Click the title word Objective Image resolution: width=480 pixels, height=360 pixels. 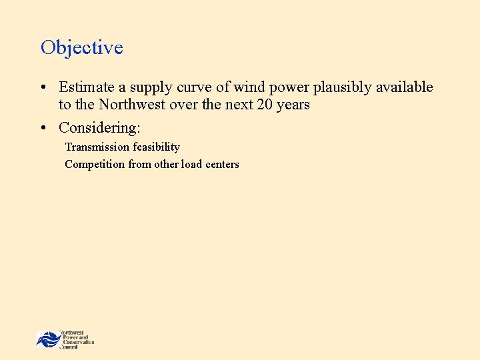click(82, 48)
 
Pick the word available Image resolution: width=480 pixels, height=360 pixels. click(403, 87)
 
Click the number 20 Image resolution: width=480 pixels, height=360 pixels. click(265, 105)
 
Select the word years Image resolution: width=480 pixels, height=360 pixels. click(293, 105)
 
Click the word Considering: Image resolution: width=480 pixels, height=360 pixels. click(99, 127)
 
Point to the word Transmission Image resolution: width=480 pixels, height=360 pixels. click(97, 147)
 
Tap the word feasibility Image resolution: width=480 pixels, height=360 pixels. click(156, 147)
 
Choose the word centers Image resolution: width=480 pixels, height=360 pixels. click(222, 164)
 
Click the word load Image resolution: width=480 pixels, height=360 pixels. click(191, 164)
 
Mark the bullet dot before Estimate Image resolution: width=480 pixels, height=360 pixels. click(43, 87)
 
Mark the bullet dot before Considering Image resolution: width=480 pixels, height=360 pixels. click(43, 127)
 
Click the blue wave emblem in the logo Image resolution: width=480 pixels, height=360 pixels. click(47, 339)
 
